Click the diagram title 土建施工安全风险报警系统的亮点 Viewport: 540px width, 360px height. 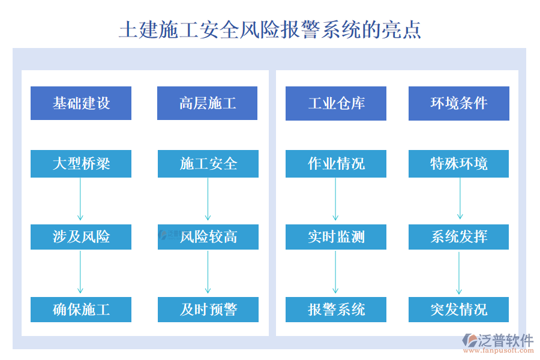269,28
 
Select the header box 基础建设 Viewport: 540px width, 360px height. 81,103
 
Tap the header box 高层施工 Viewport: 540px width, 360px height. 207,103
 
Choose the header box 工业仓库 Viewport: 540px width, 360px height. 336,103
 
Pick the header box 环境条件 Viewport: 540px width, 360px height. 459,103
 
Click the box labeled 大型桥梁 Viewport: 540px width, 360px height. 81,164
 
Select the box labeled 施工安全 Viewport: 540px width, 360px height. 208,164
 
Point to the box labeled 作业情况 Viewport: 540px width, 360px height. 336,164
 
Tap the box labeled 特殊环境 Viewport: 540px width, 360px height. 459,164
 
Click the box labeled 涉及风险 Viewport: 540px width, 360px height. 81,237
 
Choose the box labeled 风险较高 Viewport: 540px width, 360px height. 208,237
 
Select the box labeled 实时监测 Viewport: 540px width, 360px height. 336,237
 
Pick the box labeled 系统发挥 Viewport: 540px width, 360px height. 459,237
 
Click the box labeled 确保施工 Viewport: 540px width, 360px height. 81,310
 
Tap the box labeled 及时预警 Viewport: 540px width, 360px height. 208,310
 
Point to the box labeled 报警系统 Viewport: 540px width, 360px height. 336,310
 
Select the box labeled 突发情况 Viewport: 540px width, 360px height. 459,310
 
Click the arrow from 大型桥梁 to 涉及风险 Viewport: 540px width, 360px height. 80,200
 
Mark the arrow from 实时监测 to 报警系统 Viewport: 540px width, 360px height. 336,273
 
